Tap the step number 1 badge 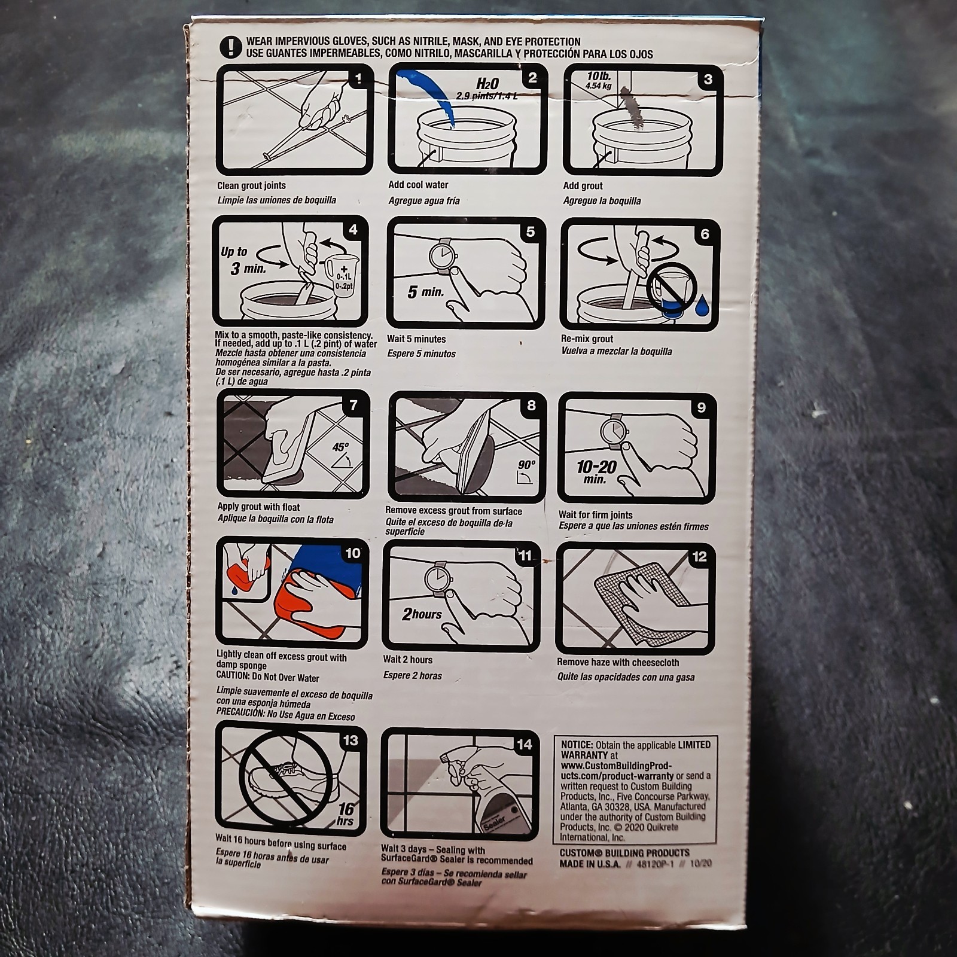358,78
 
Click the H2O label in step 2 487,83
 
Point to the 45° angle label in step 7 340,447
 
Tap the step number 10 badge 353,553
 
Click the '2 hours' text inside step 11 422,614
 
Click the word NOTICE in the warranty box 577,745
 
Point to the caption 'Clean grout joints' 251,185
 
